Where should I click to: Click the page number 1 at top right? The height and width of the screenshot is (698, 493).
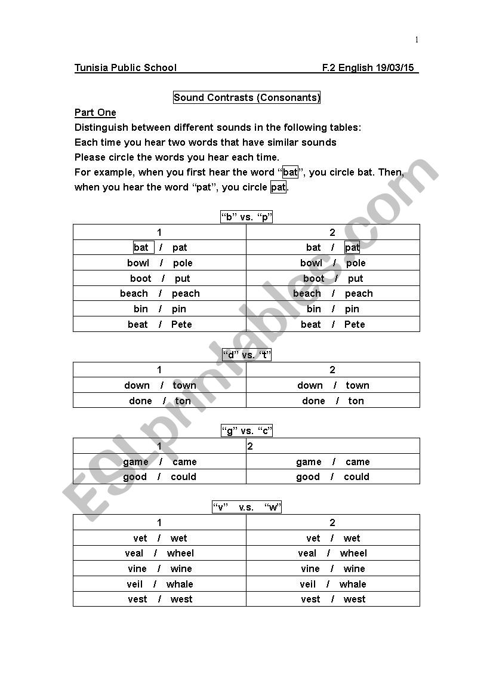pyautogui.click(x=417, y=40)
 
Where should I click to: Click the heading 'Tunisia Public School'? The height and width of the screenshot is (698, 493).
pyautogui.click(x=125, y=67)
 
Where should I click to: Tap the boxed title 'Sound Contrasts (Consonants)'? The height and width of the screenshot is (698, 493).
pyautogui.click(x=246, y=97)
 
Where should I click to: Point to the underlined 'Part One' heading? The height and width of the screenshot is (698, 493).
pyautogui.click(x=95, y=112)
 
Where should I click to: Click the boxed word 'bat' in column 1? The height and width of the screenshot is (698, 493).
pyautogui.click(x=142, y=247)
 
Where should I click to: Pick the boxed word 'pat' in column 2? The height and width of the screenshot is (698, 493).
pyautogui.click(x=352, y=247)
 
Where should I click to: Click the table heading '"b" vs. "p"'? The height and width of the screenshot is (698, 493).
pyautogui.click(x=246, y=217)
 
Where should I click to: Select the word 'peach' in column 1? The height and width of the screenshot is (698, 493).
pyautogui.click(x=186, y=293)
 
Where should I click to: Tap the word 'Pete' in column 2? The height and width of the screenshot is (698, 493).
pyautogui.click(x=355, y=324)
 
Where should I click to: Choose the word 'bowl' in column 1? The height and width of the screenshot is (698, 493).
pyautogui.click(x=138, y=263)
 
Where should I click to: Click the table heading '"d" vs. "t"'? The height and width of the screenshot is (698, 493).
pyautogui.click(x=246, y=355)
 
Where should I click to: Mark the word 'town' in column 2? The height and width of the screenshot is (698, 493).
pyautogui.click(x=358, y=385)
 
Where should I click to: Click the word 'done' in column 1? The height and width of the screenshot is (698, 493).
pyautogui.click(x=140, y=401)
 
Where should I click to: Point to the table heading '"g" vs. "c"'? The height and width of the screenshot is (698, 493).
pyautogui.click(x=246, y=431)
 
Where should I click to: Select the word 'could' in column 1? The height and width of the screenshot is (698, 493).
pyautogui.click(x=183, y=476)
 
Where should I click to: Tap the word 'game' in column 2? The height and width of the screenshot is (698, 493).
pyautogui.click(x=309, y=462)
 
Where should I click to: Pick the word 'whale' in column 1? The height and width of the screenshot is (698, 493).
pyautogui.click(x=180, y=584)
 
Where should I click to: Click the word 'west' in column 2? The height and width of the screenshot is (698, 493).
pyautogui.click(x=355, y=599)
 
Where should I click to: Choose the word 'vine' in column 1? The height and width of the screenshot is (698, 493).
pyautogui.click(x=137, y=568)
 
